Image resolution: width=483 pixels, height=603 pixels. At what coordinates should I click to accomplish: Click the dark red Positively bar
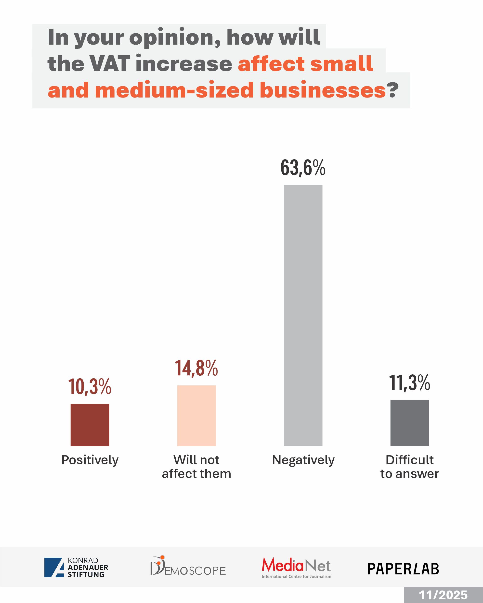90,425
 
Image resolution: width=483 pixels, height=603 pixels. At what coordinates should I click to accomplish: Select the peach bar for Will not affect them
196,415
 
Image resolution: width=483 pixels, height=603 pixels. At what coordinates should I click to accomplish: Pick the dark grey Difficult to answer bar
410,423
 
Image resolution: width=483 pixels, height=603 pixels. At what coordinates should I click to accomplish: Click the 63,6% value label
303,168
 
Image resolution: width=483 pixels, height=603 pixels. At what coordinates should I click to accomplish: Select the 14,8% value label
196,368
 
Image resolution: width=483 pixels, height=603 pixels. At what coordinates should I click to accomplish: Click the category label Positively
90,460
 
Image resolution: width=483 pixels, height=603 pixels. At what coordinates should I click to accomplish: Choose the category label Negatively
303,460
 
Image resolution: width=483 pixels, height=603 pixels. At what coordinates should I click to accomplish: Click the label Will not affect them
196,467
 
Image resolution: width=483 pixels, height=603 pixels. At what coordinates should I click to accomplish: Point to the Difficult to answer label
409,467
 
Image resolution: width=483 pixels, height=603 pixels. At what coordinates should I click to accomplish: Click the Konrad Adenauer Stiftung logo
76,567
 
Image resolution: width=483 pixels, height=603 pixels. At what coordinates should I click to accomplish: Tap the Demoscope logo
188,566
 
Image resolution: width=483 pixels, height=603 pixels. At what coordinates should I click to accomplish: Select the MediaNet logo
296,567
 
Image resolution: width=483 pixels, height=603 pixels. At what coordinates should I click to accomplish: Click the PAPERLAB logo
403,569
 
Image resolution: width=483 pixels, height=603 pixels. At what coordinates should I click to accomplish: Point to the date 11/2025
443,595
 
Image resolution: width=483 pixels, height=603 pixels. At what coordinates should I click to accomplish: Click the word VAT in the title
109,63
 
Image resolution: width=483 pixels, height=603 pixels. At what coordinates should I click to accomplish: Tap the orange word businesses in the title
323,90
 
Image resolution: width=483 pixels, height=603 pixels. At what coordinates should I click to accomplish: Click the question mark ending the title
393,90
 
